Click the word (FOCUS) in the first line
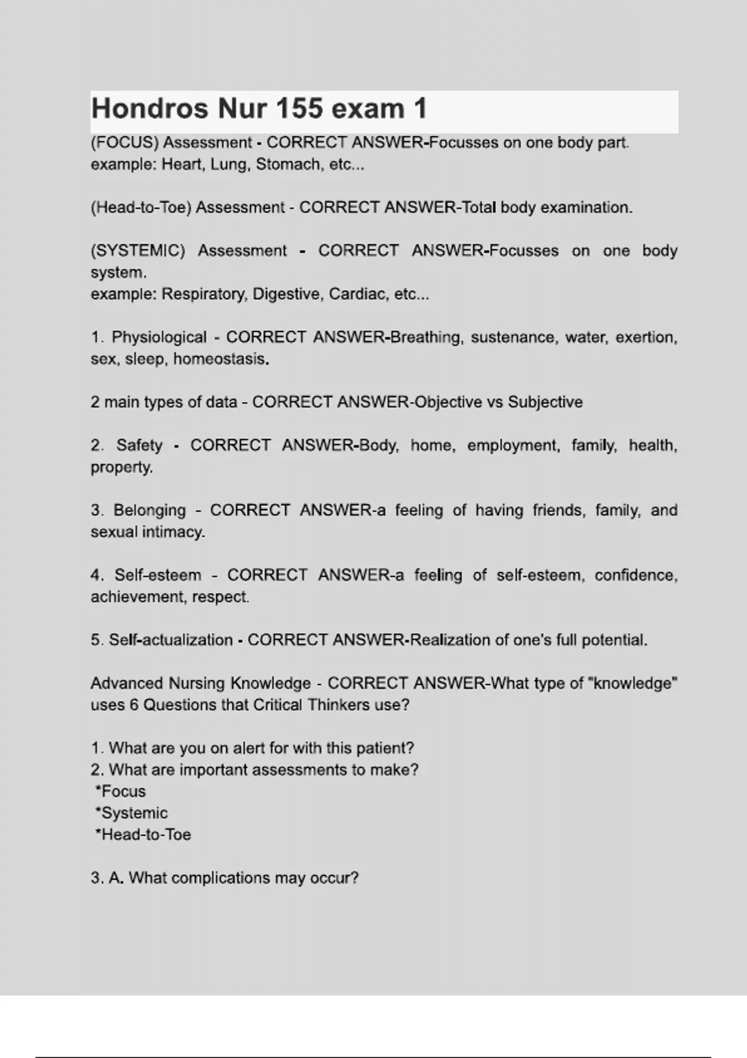click(125, 143)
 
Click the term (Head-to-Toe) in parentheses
click(141, 207)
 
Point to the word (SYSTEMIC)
click(138, 251)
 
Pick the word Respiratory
click(204, 294)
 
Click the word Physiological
click(159, 337)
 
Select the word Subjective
click(545, 402)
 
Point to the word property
click(121, 467)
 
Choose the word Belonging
click(149, 510)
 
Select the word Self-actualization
click(171, 640)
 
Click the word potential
click(614, 640)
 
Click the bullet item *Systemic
click(131, 813)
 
